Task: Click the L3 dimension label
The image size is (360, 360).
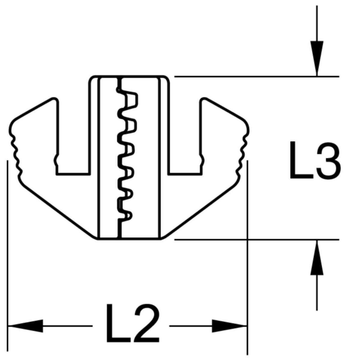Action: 315,160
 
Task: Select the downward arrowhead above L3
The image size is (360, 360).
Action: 317,58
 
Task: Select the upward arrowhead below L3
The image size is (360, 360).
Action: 317,257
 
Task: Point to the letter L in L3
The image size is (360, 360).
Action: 301,160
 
